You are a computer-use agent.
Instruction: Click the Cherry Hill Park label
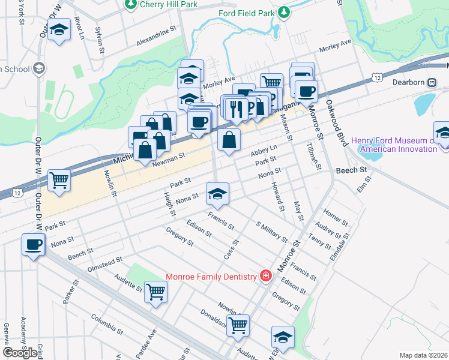point(159,5)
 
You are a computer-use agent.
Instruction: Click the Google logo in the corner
point(20,352)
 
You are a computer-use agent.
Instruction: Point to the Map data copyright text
point(424,355)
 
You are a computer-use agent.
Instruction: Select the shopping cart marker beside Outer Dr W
point(59,180)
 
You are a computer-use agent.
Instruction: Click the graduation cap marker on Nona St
point(217,193)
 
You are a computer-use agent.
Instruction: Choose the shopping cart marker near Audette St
point(156,292)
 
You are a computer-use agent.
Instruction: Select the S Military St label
point(272,231)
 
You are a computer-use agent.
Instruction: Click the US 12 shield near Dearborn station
point(376,78)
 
